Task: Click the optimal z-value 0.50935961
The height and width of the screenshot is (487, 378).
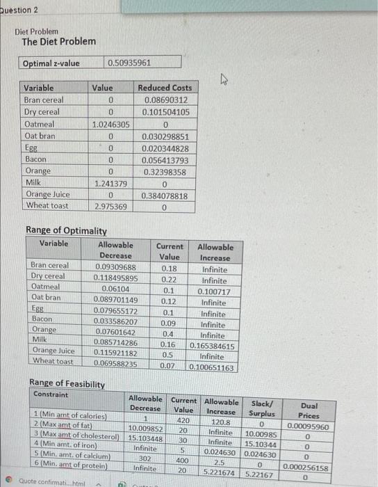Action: [x=130, y=63]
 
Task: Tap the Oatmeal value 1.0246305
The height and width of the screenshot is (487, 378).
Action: [x=110, y=124]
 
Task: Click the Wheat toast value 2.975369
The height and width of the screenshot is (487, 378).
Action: [x=110, y=207]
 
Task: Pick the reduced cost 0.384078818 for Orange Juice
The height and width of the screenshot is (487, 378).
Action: [x=164, y=195]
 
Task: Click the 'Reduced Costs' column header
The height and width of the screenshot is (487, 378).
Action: [x=165, y=88]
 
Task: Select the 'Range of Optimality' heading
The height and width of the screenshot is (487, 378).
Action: [x=66, y=231]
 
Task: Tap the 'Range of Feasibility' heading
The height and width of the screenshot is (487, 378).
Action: [x=67, y=383]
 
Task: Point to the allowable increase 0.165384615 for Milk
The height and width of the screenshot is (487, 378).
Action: [x=213, y=345]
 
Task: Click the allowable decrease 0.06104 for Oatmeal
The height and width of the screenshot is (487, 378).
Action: [x=115, y=289]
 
